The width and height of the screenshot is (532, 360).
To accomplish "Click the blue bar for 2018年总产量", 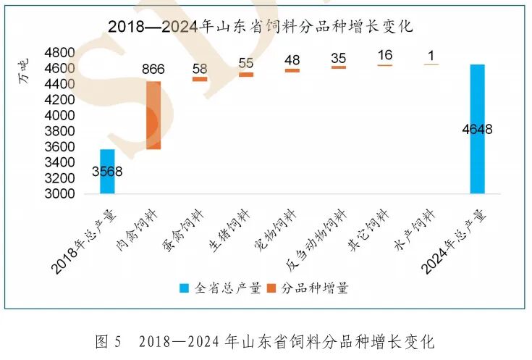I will coord(107,172).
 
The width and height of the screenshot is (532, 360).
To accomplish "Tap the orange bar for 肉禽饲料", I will coord(153,115).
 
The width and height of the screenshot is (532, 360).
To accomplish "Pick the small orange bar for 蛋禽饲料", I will coord(200,79).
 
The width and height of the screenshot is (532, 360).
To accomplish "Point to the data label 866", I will coord(153,70).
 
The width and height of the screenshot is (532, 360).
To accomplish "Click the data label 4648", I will coord(477,130).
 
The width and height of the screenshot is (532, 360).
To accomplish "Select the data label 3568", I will coord(107,172).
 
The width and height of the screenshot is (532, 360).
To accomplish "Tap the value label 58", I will coord(200,68).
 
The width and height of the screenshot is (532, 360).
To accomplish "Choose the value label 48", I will coord(292,60).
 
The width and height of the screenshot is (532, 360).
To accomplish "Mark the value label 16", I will coord(384,55).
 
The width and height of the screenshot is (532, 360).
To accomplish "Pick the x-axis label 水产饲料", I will coord(418,230).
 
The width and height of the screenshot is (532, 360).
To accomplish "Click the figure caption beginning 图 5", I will coord(265,340).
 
